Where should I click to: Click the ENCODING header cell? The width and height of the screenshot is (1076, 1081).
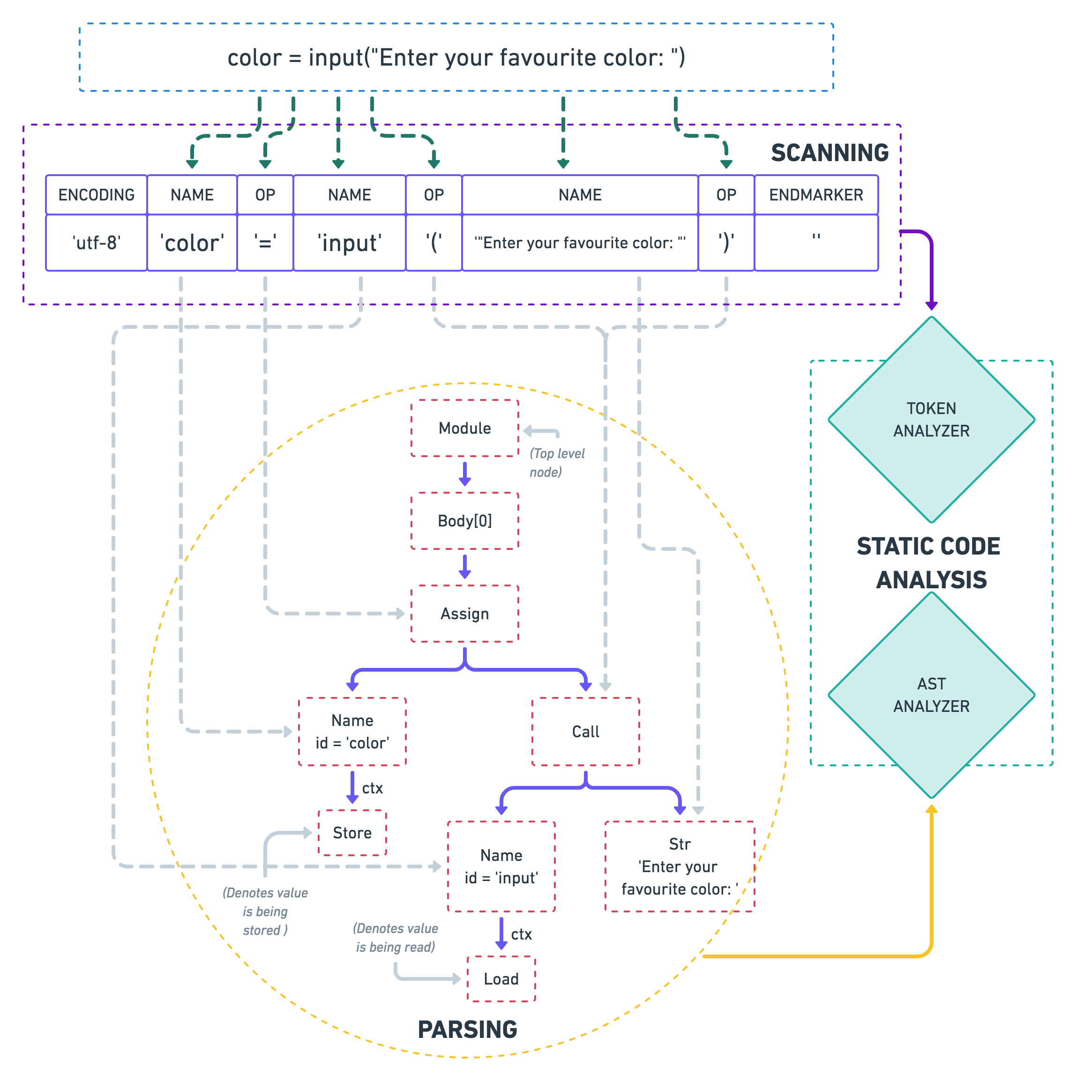[96, 195]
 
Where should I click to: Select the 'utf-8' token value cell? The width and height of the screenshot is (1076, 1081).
[96, 243]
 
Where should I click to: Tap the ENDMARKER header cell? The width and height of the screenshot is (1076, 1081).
[816, 195]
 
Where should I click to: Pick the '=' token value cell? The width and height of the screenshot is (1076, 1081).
[265, 243]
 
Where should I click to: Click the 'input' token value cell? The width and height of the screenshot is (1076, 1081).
[349, 243]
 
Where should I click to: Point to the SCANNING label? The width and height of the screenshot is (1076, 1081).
[829, 153]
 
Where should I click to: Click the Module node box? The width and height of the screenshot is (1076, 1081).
[465, 429]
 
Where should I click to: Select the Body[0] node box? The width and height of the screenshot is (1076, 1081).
[465, 521]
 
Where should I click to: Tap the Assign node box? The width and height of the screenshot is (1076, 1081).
[465, 614]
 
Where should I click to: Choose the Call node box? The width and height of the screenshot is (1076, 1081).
[586, 731]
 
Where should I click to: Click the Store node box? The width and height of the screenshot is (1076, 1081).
[352, 833]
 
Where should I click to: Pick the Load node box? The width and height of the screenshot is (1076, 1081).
[501, 978]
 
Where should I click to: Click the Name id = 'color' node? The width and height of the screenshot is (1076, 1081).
[352, 731]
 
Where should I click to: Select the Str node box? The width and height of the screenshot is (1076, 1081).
[680, 866]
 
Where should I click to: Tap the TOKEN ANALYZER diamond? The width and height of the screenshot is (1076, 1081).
[931, 420]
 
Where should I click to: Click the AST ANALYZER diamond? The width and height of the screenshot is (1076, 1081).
[931, 695]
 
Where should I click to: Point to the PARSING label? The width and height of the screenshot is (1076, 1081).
[467, 1029]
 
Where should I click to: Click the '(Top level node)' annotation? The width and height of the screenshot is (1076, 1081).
[556, 463]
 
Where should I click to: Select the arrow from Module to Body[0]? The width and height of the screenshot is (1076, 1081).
[465, 474]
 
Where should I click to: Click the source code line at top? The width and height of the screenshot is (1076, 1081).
[456, 58]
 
